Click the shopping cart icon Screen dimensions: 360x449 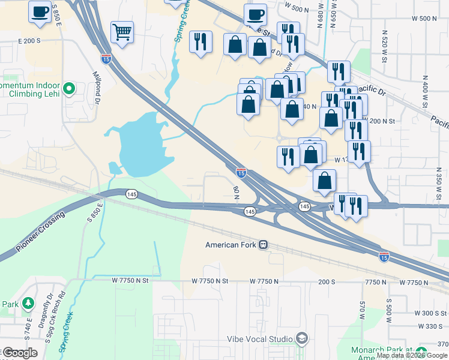coord(122,32)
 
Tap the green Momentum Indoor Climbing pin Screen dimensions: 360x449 coord(69,89)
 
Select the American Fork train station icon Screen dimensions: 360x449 coord(263,245)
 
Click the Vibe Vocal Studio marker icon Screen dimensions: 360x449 coord(302,339)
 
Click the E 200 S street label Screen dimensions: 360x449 coord(29,41)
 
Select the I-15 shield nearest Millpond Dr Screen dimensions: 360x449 coord(105,58)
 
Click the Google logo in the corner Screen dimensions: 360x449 coord(20,353)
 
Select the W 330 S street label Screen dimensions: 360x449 coord(431,326)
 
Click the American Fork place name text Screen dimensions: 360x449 coord(231,245)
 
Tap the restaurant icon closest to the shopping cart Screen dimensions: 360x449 coord(199,42)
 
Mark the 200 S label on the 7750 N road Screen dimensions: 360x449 coord(327,281)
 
